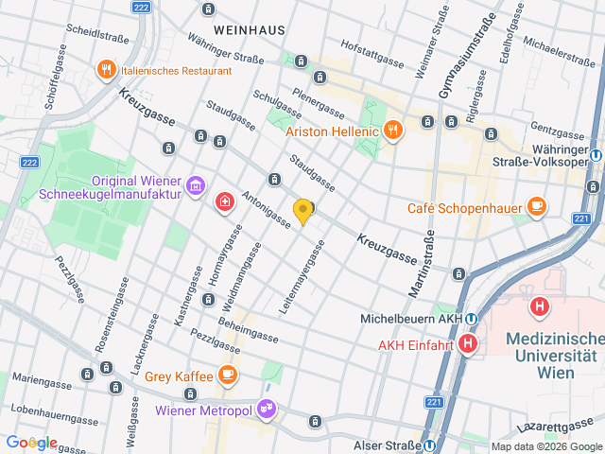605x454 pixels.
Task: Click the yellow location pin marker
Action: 302,212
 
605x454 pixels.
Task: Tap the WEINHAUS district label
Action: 250,30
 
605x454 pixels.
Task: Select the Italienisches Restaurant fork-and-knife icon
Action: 106,70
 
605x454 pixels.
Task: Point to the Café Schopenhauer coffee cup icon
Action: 536,207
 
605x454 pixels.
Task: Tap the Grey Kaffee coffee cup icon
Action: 227,375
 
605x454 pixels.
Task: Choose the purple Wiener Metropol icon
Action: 268,410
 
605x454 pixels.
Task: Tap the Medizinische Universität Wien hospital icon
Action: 540,306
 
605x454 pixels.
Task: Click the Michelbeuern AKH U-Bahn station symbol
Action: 470,320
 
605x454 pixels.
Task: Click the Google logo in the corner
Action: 31,443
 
